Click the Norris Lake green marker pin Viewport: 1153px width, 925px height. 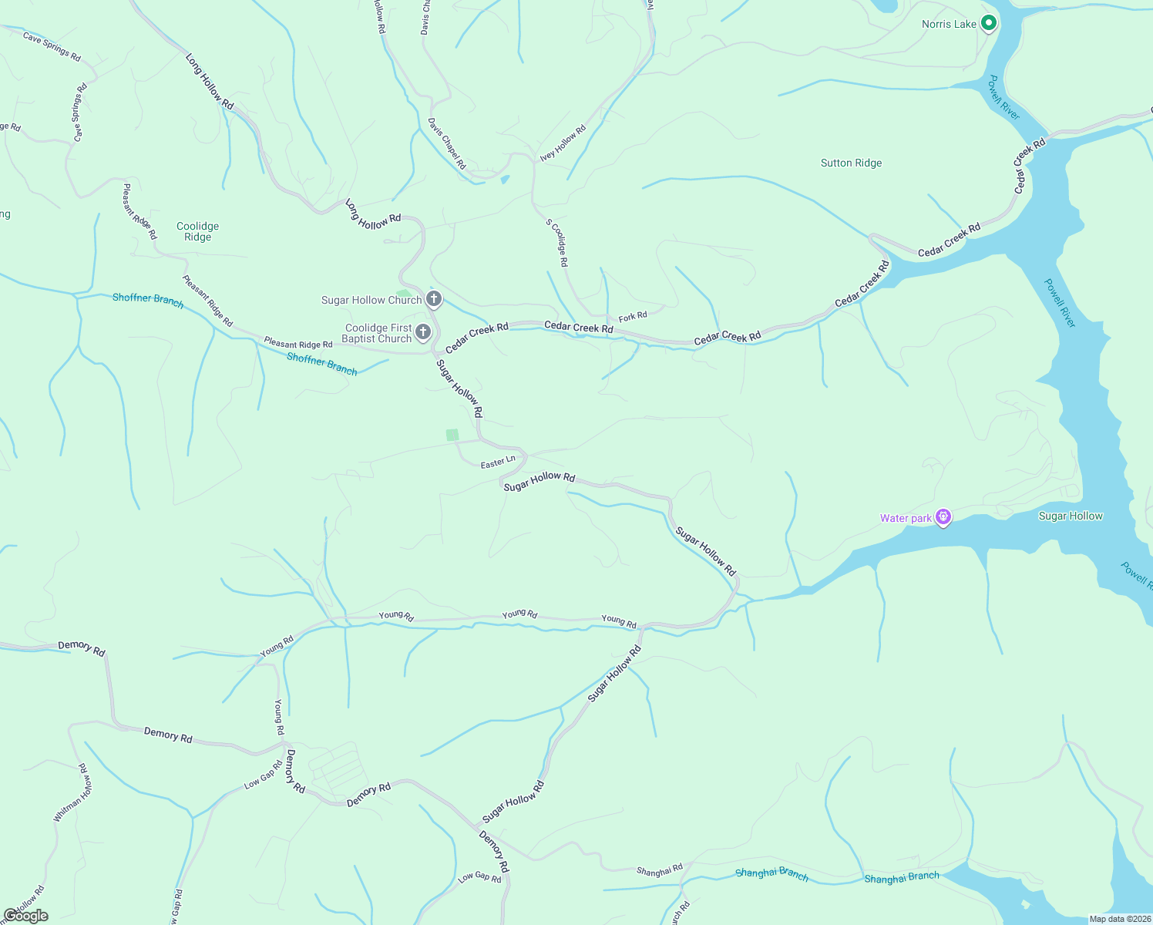(x=988, y=23)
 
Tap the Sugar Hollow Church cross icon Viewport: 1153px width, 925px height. (x=434, y=299)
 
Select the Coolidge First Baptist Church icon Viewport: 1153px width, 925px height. (x=423, y=332)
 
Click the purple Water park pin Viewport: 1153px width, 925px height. (x=943, y=517)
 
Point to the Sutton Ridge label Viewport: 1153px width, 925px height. (x=851, y=163)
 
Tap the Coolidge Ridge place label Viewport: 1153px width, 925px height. (x=197, y=231)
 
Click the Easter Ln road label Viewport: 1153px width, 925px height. (x=497, y=462)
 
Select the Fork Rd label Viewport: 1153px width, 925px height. (x=633, y=316)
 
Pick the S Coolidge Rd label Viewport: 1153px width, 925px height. (x=557, y=243)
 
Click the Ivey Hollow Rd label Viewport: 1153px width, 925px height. (x=563, y=144)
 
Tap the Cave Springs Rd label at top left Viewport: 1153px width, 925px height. (x=52, y=46)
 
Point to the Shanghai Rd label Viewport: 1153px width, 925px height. (x=660, y=871)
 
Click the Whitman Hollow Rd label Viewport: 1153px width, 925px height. (x=74, y=793)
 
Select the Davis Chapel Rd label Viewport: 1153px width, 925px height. (x=447, y=143)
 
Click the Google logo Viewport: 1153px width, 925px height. (x=26, y=916)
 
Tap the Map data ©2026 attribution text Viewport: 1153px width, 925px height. (x=1120, y=919)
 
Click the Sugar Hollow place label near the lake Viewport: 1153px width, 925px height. (x=1071, y=516)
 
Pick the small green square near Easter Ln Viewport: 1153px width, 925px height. (x=452, y=435)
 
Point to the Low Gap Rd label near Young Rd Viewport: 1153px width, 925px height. (x=263, y=775)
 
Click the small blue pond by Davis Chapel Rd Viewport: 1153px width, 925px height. (x=505, y=180)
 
